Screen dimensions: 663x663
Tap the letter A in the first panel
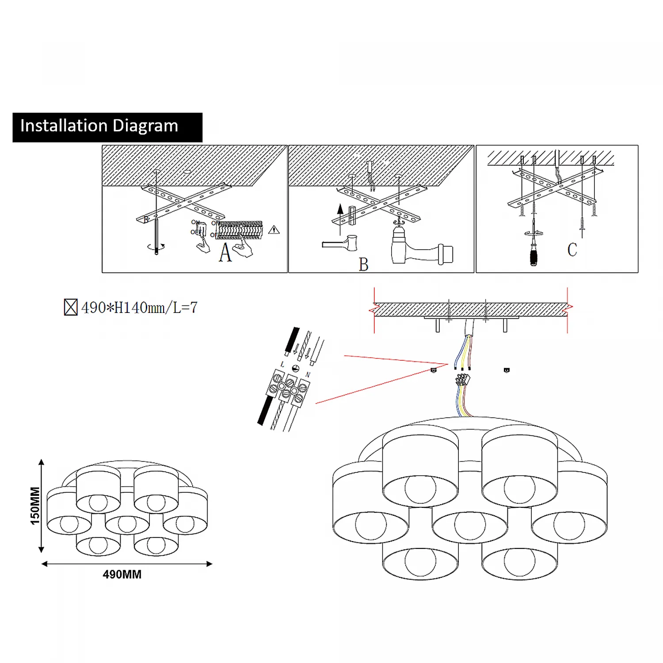coord(225,253)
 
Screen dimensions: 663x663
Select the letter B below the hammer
coord(363,265)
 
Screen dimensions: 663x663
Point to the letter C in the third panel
coord(572,250)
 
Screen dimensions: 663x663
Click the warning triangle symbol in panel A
coord(274,230)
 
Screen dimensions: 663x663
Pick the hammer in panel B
coord(340,244)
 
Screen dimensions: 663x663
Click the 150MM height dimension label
coord(35,506)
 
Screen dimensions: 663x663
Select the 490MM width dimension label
coord(122,574)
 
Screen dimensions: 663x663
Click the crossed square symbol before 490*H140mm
coord(71,307)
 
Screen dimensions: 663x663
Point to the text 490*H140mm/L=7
coord(139,307)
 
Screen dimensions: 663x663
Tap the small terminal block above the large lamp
coord(462,380)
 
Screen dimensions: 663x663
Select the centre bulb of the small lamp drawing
coord(127,524)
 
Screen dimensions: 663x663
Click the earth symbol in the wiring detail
coord(296,368)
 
